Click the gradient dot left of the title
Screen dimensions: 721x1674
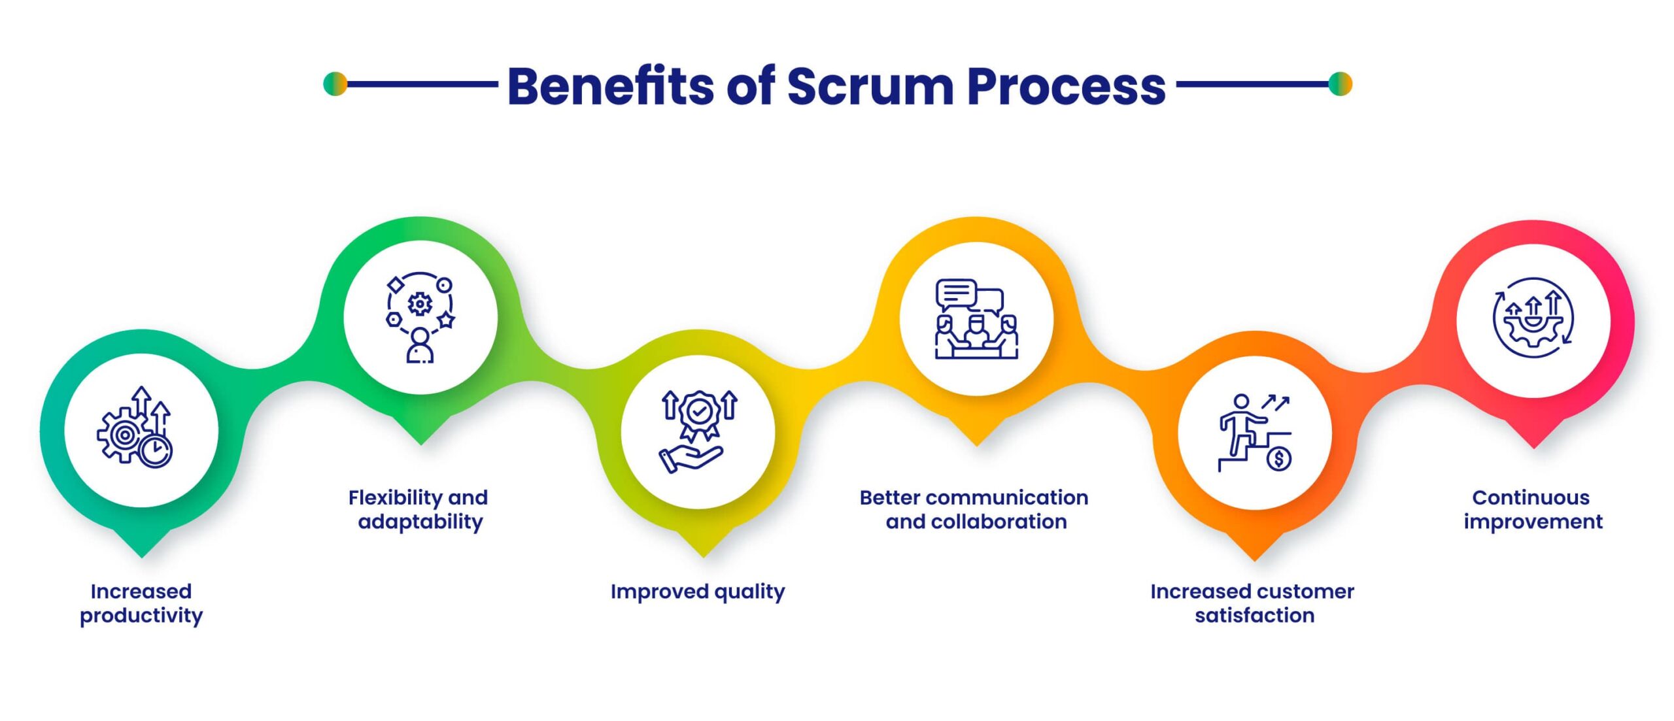335,84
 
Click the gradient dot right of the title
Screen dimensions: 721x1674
1340,84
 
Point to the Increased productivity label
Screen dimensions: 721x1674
141,603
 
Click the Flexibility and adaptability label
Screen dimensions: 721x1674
418,509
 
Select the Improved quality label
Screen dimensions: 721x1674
697,592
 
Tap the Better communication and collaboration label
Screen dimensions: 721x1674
974,509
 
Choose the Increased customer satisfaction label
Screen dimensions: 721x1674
1253,603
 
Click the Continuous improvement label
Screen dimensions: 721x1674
1532,509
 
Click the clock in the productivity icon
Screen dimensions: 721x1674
156,450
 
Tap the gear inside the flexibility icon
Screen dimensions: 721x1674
420,304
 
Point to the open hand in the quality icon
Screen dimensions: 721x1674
690,458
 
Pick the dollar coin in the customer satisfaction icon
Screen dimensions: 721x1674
1279,458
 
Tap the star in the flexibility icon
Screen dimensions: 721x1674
446,320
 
